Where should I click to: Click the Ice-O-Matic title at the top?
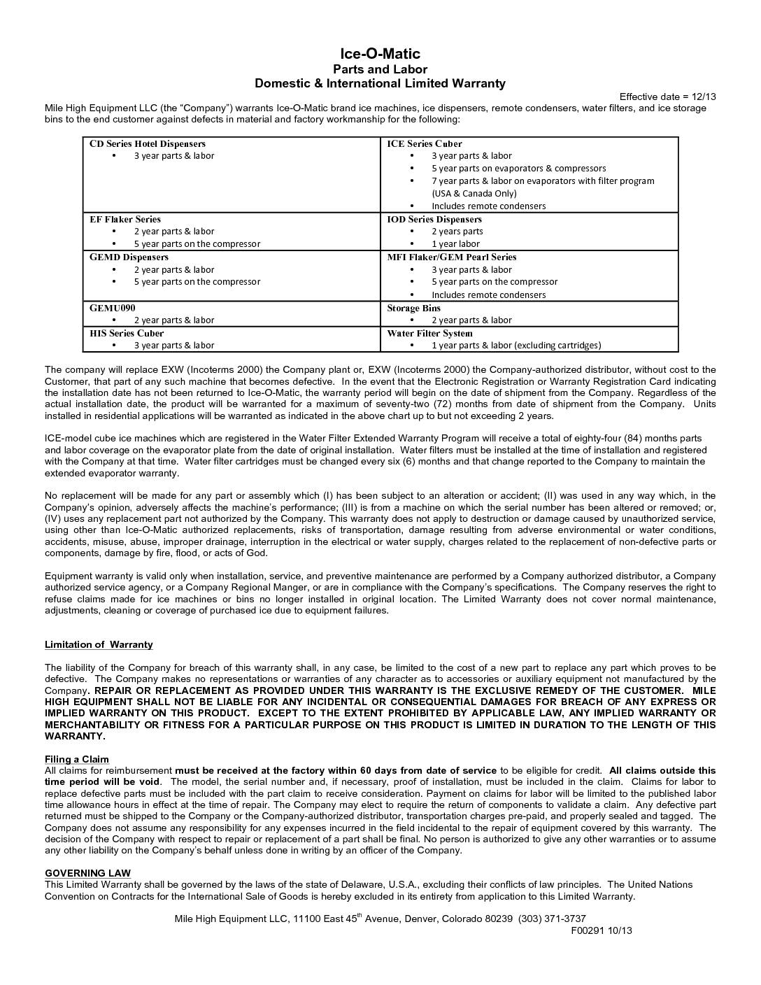pos(380,54)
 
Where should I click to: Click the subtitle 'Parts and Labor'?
pos(380,69)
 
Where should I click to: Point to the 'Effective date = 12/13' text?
pos(667,97)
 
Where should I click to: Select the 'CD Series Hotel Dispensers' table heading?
pos(148,143)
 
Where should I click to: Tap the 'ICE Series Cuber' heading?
pos(425,143)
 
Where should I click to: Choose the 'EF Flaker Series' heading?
pos(125,219)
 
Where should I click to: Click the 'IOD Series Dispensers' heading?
pos(434,219)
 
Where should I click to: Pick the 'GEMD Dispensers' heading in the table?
pos(129,257)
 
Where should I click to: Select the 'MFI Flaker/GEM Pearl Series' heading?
pos(452,257)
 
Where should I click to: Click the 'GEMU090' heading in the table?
pos(113,308)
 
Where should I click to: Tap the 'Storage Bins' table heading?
pos(414,308)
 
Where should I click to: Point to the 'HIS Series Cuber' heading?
pos(127,333)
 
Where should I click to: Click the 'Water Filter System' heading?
pos(430,333)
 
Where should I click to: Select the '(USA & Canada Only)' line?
pos(474,193)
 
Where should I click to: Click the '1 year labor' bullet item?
pos(455,243)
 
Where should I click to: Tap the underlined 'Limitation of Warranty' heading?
pos(99,644)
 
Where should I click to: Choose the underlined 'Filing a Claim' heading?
pos(77,759)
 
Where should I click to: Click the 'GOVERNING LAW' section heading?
pos(87,873)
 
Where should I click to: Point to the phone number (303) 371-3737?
pos(552,919)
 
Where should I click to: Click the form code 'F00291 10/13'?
pos(602,930)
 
